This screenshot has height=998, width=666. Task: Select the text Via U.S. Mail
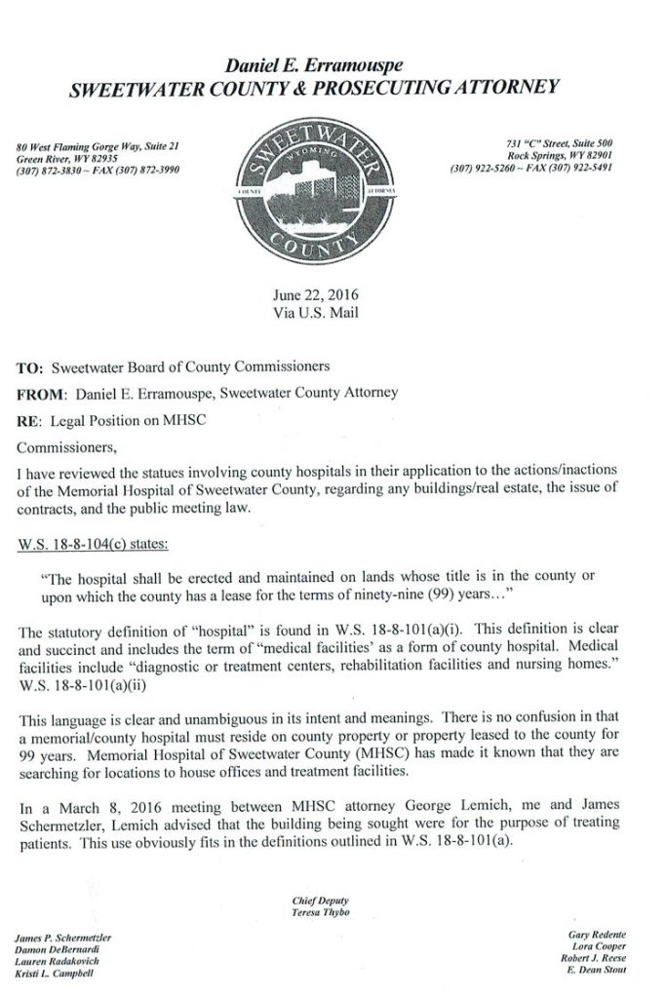coord(330,313)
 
